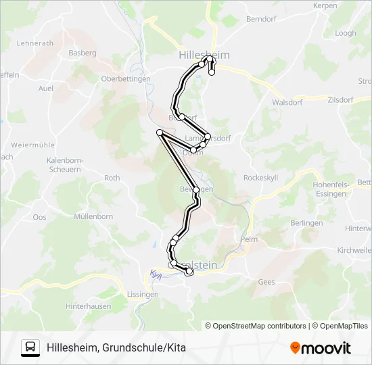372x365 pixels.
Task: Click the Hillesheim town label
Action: (x=204, y=54)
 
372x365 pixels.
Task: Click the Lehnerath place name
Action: (x=34, y=43)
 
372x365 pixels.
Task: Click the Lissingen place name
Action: (x=143, y=295)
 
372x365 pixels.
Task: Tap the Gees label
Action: (x=266, y=282)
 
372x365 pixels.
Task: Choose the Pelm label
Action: (x=250, y=239)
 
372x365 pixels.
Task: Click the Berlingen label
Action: (x=306, y=223)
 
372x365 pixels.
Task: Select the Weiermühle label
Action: (x=32, y=145)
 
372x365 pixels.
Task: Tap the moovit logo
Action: (x=321, y=348)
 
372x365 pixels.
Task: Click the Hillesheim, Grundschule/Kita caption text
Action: (x=116, y=348)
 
